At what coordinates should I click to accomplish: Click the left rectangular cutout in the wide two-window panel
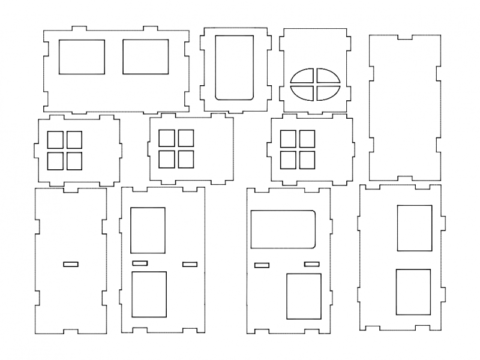(81, 56)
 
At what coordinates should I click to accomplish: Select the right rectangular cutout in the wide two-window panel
(146, 56)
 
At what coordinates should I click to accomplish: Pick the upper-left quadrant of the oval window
(304, 77)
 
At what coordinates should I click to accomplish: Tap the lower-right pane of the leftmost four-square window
(75, 158)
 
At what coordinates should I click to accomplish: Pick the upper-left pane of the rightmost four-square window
(290, 140)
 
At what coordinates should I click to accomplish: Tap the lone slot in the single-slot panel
(70, 264)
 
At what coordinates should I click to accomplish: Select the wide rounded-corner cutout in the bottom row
(283, 229)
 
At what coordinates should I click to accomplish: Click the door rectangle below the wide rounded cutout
(303, 297)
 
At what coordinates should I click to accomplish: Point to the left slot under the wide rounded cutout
(262, 264)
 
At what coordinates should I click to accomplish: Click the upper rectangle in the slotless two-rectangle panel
(414, 227)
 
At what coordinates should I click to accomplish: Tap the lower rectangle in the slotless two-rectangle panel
(414, 291)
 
